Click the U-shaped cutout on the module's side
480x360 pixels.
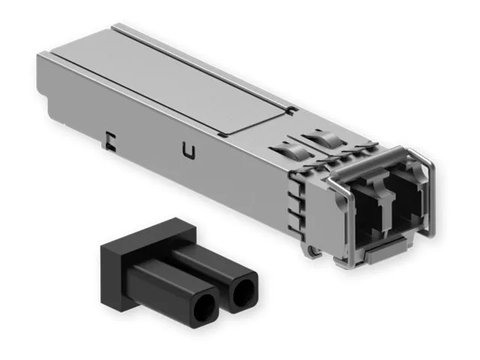pos(188,152)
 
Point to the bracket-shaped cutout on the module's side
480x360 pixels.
pos(110,139)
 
